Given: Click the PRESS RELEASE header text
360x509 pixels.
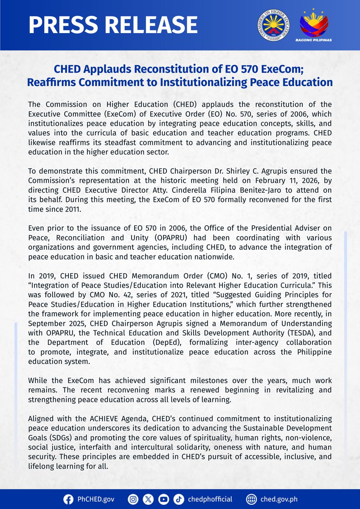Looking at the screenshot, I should pyautogui.click(x=113, y=25).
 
